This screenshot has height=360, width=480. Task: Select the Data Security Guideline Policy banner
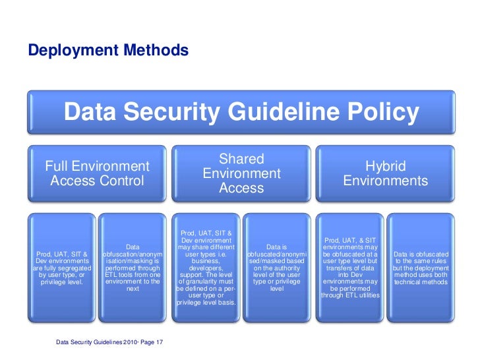241,113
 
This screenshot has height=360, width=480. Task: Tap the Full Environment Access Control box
97,173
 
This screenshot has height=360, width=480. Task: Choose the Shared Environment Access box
241,173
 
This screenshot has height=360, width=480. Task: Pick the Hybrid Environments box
385,173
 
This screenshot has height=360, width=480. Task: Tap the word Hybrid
385,166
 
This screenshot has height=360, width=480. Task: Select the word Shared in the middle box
241,159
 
